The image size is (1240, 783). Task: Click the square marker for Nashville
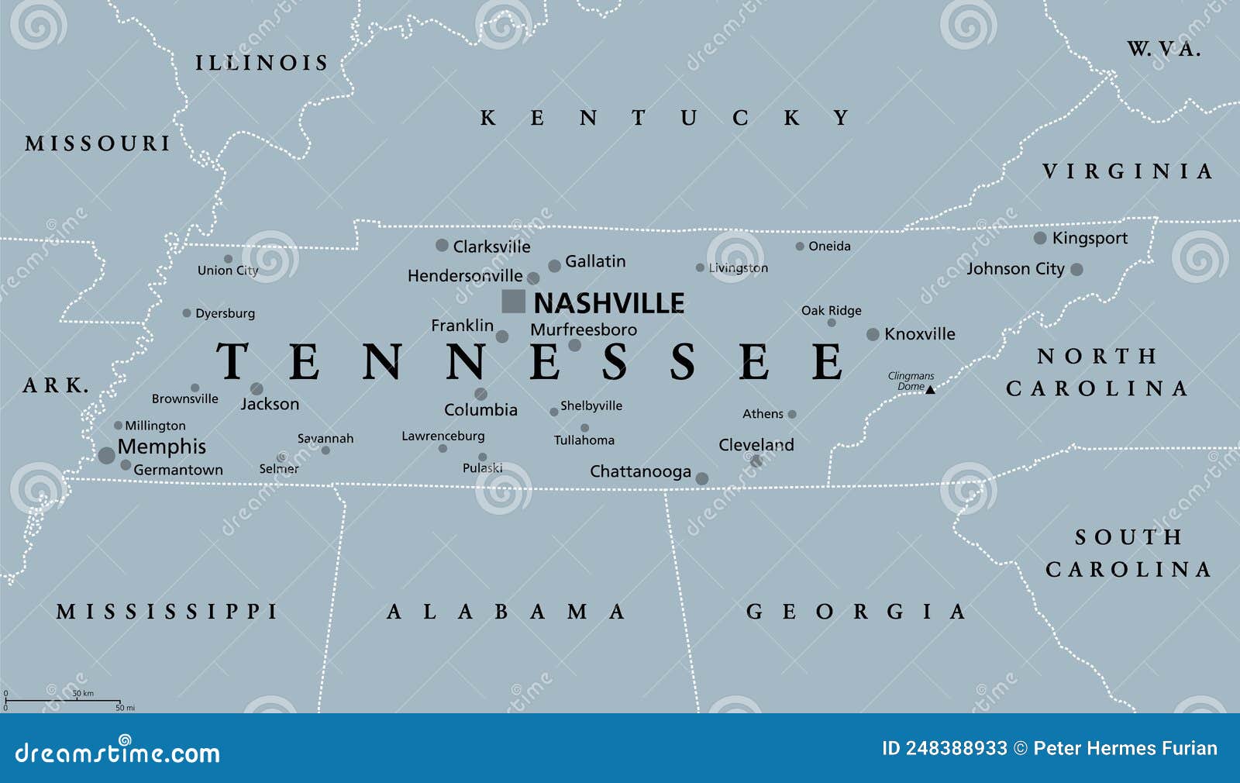tap(513, 302)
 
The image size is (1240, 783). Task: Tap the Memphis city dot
tap(107, 455)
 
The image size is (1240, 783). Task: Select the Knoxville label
tap(919, 334)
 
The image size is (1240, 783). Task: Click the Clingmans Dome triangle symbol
tap(931, 389)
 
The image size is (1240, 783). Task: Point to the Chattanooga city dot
tap(702, 479)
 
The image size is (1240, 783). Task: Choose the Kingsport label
tap(1090, 239)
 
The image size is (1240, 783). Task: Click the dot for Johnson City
tap(1076, 270)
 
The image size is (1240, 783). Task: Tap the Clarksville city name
tap(491, 247)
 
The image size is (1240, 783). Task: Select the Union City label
tap(227, 271)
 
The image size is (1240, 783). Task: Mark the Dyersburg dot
tap(187, 313)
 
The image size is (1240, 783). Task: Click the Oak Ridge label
tap(831, 311)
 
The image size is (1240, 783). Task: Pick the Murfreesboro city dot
tap(574, 346)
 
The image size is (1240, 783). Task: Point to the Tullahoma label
tap(584, 440)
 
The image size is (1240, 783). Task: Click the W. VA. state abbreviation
tap(1163, 50)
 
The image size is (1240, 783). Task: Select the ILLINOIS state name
tap(262, 63)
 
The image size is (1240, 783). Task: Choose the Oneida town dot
tap(800, 247)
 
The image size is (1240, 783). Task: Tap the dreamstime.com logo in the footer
tap(117, 752)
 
